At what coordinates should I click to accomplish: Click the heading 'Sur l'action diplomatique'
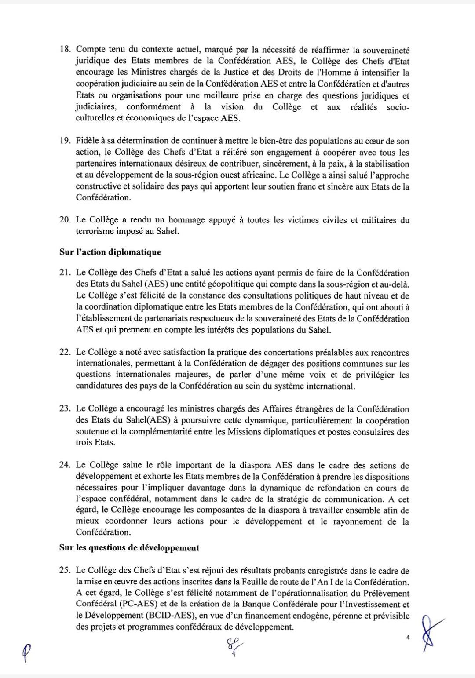[110, 252]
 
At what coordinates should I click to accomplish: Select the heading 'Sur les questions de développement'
[129, 548]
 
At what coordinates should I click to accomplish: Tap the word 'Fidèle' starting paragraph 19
[88, 141]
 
